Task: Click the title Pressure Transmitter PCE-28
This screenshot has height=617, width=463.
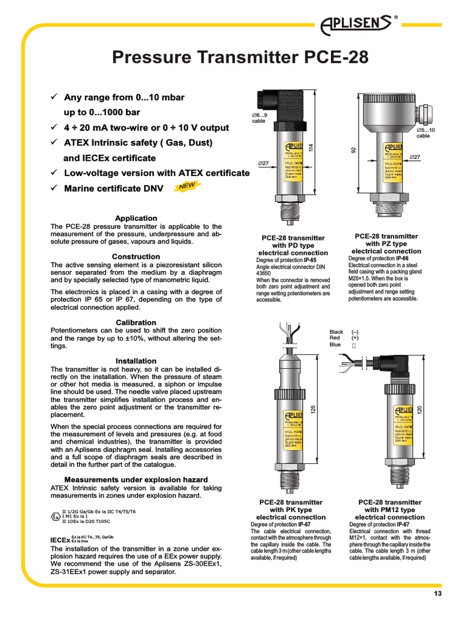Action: pos(239,59)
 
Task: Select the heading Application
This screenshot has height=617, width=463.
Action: pos(136,218)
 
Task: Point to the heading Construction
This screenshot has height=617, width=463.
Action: pos(136,257)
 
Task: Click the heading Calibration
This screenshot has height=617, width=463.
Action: pos(136,322)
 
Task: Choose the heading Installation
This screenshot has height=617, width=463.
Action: pos(136,361)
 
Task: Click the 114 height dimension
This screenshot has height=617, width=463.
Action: pos(312,146)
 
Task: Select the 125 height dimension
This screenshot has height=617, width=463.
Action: pos(313,409)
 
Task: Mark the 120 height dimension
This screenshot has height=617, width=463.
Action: pos(419,409)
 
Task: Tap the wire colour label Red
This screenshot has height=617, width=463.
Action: pos(335,339)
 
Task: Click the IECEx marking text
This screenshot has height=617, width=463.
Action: pos(60,540)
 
